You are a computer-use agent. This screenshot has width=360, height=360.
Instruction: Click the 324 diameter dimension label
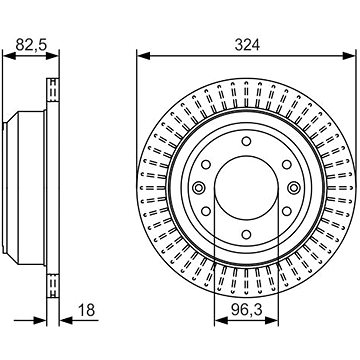tap(247, 45)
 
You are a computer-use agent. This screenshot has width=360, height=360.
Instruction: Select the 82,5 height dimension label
tap(32, 45)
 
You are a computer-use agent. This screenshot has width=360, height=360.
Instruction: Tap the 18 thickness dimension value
tap(86, 310)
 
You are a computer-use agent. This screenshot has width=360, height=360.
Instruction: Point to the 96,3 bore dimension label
tap(247, 310)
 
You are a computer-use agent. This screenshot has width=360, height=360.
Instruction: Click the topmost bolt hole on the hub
tap(246, 141)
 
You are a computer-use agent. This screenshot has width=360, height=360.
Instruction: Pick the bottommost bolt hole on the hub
tap(246, 234)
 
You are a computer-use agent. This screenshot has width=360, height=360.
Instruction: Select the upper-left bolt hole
tap(206, 164)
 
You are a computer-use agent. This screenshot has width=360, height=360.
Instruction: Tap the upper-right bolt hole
tap(287, 164)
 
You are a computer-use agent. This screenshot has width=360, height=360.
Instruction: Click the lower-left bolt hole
tap(206, 211)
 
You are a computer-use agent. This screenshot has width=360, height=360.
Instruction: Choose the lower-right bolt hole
tap(287, 211)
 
